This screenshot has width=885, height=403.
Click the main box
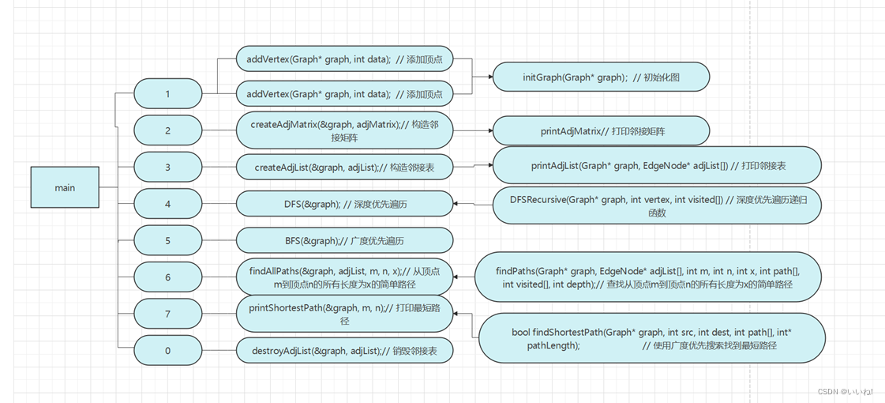[65, 188]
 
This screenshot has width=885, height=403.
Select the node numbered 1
[167, 94]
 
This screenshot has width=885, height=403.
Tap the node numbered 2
[167, 131]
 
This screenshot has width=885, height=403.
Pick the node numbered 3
[167, 168]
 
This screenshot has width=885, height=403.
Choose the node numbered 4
[167, 205]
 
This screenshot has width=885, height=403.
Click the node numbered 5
[167, 241]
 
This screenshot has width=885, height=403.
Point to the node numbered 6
[167, 277]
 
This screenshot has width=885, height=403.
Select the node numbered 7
[167, 314]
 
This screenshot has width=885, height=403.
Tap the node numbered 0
[167, 351]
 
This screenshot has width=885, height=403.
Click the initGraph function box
[601, 77]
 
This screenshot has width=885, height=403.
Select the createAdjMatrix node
[344, 131]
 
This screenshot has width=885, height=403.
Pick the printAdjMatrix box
[601, 131]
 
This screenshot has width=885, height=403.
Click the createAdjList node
[344, 168]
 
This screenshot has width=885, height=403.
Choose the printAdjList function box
[657, 167]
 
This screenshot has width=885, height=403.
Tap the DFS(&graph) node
[344, 205]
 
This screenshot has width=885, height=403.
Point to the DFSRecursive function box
[657, 205]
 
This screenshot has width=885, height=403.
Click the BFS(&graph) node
[344, 241]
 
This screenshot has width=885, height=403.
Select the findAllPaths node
[344, 277]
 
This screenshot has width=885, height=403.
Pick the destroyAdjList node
[344, 351]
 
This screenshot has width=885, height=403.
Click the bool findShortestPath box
[651, 338]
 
